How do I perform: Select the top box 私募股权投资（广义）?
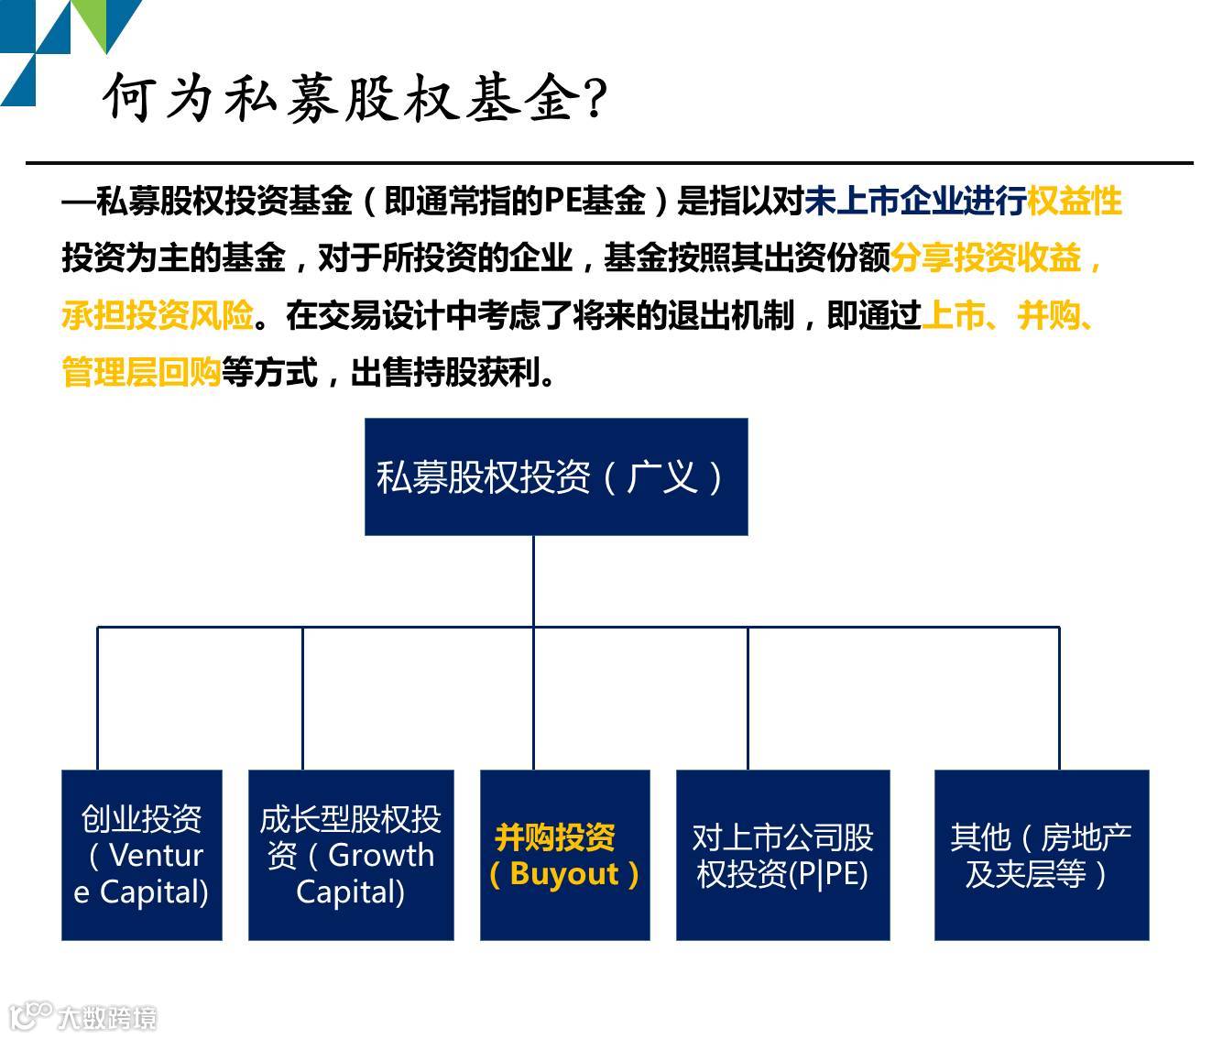pyautogui.click(x=556, y=476)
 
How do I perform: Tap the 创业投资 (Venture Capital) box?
pyautogui.click(x=142, y=855)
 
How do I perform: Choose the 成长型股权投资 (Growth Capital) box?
pyautogui.click(x=351, y=855)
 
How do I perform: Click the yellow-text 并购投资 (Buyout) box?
pyautogui.click(x=564, y=855)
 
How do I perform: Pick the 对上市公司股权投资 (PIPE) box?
pyautogui.click(x=782, y=855)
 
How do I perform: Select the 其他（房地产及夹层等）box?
pyautogui.click(x=1041, y=855)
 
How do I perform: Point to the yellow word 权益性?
pyautogui.click(x=1074, y=202)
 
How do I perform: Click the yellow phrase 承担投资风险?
pyautogui.click(x=157, y=316)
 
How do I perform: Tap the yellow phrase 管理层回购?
pyautogui.click(x=141, y=373)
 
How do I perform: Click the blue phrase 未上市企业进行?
pyautogui.click(x=914, y=202)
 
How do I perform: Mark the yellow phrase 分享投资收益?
pyautogui.click(x=986, y=259)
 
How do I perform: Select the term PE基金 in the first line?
pyautogui.click(x=595, y=202)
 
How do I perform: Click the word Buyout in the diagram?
pyautogui.click(x=564, y=874)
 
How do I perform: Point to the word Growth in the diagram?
pyautogui.click(x=381, y=855)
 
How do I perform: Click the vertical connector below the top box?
pyautogui.click(x=533, y=581)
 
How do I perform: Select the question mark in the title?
pyautogui.click(x=595, y=97)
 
